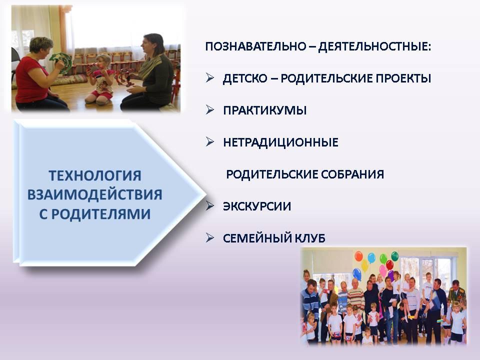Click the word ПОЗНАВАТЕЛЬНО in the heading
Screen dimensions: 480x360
click(x=255, y=46)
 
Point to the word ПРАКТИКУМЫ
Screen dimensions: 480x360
click(x=265, y=110)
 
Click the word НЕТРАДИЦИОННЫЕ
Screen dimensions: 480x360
click(x=280, y=142)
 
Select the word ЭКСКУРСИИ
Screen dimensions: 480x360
click(x=257, y=206)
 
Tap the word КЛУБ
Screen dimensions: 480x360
click(x=310, y=238)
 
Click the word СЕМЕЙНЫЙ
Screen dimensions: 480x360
click(x=257, y=238)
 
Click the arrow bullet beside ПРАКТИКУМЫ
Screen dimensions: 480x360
click(x=210, y=109)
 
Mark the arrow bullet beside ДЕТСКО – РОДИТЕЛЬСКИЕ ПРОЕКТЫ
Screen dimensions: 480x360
click(x=210, y=77)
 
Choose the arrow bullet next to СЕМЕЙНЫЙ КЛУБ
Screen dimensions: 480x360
click(x=210, y=237)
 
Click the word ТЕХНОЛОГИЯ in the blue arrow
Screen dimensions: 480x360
click(x=95, y=175)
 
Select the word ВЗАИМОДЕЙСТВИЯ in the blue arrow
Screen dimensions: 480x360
click(x=95, y=194)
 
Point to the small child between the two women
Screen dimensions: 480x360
click(x=99, y=80)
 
